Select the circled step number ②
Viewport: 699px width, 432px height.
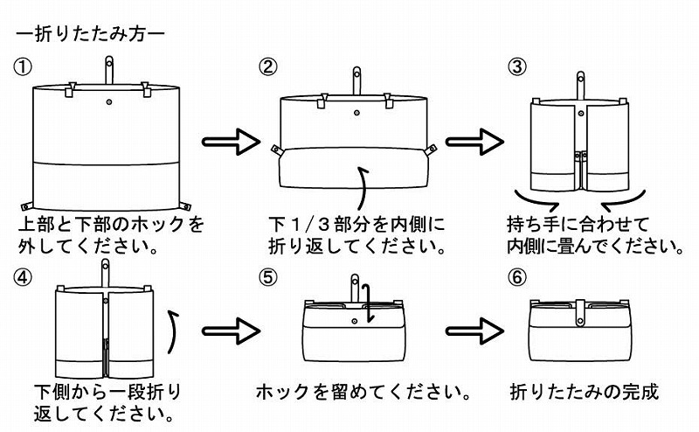(269, 66)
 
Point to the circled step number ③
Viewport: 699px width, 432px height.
(518, 66)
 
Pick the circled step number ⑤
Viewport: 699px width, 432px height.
(269, 276)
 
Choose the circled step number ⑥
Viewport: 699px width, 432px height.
(518, 276)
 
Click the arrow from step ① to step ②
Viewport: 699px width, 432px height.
(232, 141)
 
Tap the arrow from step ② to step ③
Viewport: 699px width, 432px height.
(475, 141)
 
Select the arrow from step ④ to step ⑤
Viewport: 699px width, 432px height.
(232, 332)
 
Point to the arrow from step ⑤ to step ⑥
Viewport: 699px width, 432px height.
(475, 332)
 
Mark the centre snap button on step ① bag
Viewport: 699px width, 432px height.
(109, 103)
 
